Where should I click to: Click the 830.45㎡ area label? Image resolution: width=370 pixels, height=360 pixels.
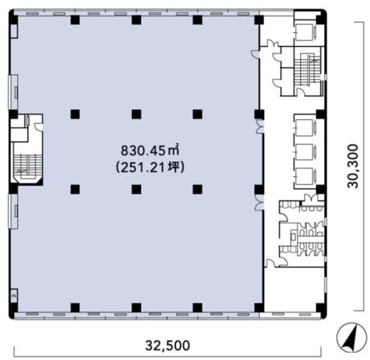[150, 150]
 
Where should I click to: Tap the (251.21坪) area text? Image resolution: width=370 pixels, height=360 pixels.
[150, 167]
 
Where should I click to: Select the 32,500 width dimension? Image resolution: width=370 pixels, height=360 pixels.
[167, 345]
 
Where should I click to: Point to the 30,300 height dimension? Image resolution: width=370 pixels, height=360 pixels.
[353, 166]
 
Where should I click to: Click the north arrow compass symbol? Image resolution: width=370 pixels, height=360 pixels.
[352, 338]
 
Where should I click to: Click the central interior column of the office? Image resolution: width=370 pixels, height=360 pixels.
[136, 114]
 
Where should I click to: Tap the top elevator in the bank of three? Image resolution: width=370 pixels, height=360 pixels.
[305, 127]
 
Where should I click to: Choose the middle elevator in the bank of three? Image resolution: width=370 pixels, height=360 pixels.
[305, 151]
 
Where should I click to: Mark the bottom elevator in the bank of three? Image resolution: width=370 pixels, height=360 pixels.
[305, 176]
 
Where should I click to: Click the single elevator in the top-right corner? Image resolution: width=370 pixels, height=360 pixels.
[305, 32]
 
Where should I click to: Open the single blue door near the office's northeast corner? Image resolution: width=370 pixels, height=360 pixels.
[255, 54]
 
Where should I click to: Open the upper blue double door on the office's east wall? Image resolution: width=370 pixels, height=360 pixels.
[260, 127]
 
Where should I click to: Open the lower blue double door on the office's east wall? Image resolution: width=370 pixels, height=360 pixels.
[259, 203]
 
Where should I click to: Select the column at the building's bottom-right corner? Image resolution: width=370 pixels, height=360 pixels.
[321, 308]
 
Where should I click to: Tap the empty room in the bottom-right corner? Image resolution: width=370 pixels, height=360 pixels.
[294, 289]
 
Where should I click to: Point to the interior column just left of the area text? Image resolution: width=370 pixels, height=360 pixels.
[75, 189]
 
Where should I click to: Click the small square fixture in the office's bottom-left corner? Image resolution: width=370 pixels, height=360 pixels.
[13, 295]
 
